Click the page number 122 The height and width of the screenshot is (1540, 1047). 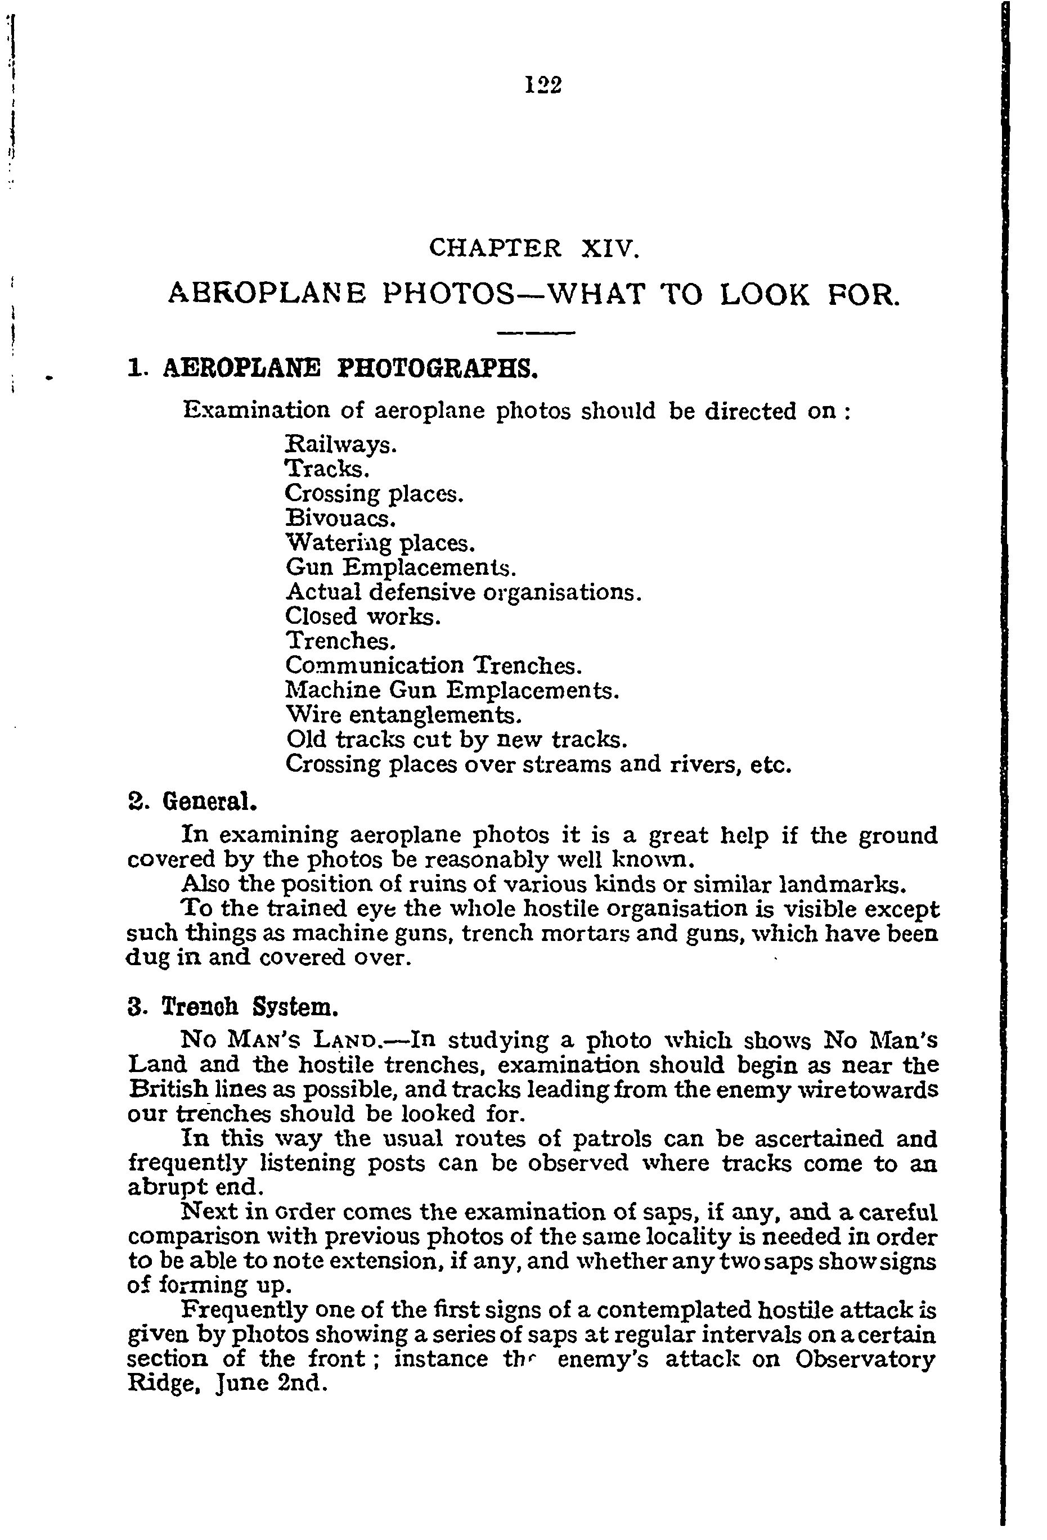pyautogui.click(x=543, y=85)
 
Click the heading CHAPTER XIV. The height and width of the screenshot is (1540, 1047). pyautogui.click(x=534, y=248)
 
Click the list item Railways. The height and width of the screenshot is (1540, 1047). pyautogui.click(x=340, y=444)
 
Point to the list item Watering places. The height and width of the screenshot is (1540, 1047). pyautogui.click(x=380, y=543)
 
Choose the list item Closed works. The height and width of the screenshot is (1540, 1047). pyautogui.click(x=362, y=616)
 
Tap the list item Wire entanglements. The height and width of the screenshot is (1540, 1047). pyautogui.click(x=403, y=715)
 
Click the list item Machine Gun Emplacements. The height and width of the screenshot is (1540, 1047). pyautogui.click(x=452, y=691)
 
